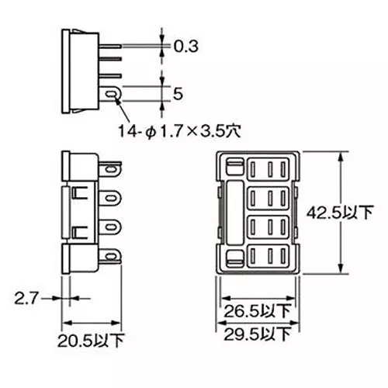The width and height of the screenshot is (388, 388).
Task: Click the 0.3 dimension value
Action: coord(185,47)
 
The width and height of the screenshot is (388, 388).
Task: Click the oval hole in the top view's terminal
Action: coord(114,95)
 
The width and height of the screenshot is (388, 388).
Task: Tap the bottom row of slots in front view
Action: coord(268,255)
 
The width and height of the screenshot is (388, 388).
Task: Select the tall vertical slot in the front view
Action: coord(233,211)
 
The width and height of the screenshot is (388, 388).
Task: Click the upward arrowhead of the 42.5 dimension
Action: coord(339,155)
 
